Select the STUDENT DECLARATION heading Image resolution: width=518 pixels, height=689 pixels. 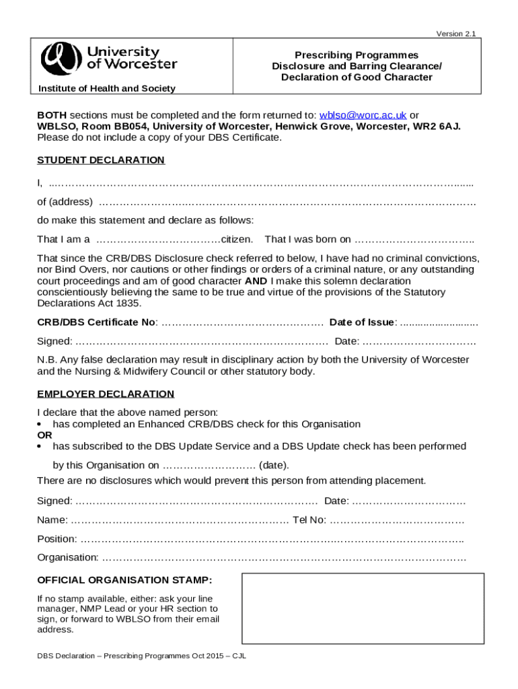point(101,160)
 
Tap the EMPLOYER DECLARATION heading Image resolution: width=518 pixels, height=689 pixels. point(106,394)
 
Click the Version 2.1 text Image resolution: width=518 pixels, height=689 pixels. point(457,34)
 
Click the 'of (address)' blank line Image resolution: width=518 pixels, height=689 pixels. point(287,203)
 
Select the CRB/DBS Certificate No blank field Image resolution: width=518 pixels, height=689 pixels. point(243,322)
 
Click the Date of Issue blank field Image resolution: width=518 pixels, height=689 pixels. point(439,322)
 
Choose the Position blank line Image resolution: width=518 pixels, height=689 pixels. point(272,540)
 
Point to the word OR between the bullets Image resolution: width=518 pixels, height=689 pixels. point(44,435)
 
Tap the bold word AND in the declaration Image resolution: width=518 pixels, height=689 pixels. point(256,281)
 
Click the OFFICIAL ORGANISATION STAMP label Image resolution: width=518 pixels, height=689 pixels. point(124,580)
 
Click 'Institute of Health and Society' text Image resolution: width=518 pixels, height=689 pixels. point(106,89)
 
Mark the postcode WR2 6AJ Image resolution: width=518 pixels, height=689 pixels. point(439,126)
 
